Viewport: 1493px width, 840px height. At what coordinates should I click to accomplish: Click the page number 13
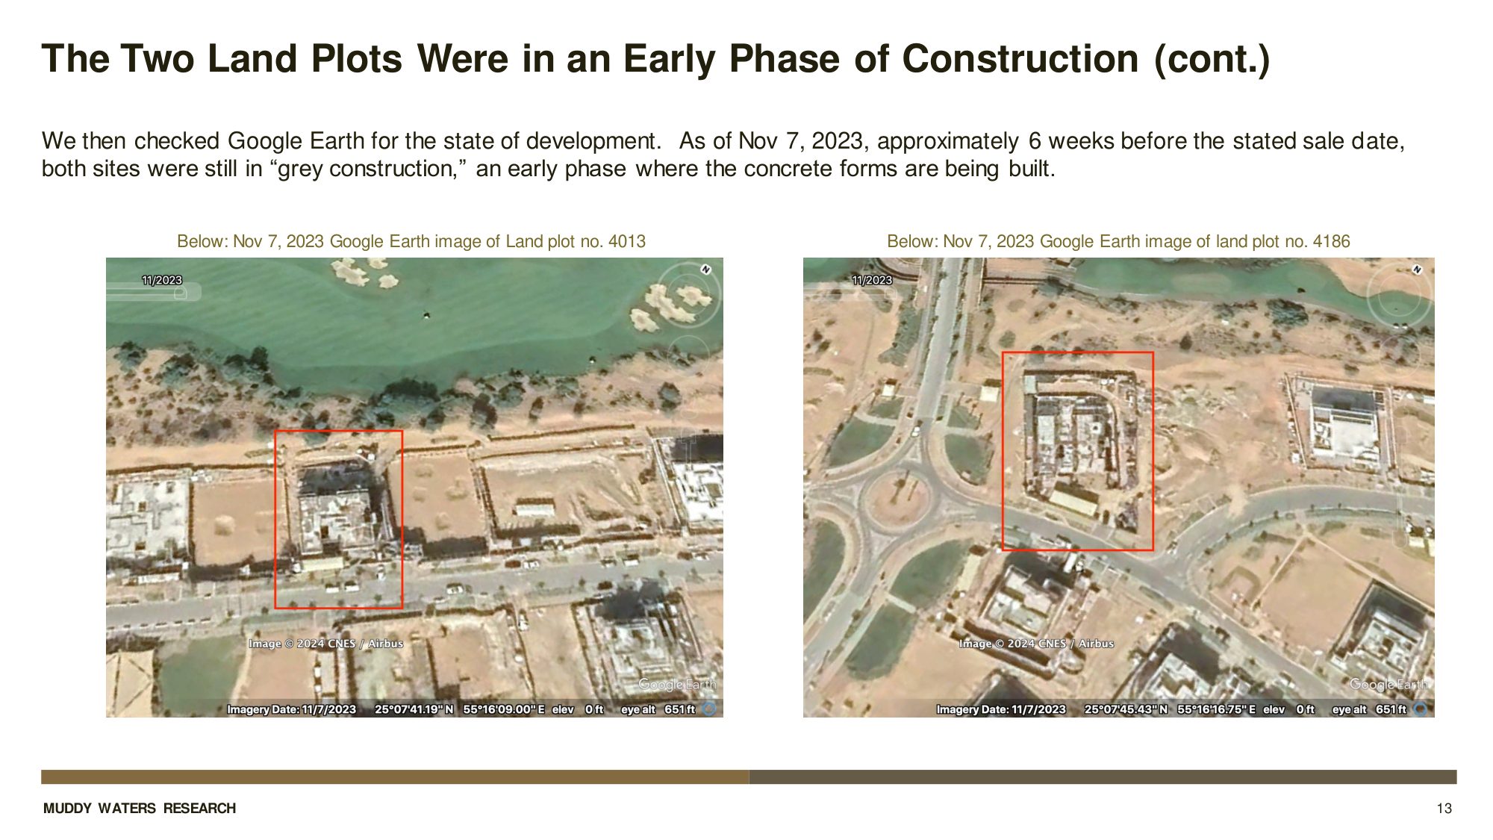tap(1444, 808)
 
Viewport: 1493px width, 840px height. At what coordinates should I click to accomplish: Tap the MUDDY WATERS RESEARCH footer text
tap(140, 808)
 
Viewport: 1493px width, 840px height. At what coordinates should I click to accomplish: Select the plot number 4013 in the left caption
tap(627, 241)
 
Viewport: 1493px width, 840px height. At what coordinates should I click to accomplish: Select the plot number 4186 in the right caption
tap(1331, 241)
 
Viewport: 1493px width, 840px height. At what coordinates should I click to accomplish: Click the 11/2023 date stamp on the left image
tap(162, 280)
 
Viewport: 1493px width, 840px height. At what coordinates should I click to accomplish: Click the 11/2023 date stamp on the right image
tap(872, 280)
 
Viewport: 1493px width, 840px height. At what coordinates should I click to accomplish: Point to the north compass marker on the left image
tap(705, 270)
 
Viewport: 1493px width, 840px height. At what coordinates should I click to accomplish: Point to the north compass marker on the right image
tap(1416, 270)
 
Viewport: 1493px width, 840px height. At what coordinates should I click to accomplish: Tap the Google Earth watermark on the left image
tap(677, 684)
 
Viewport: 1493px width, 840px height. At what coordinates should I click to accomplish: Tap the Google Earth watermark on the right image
tap(1388, 684)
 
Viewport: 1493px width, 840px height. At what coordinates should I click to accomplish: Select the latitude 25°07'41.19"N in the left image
tap(414, 709)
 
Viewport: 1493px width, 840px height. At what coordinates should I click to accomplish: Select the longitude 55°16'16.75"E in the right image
tap(1216, 709)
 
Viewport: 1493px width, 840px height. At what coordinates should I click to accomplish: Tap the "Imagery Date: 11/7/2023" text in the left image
tap(291, 709)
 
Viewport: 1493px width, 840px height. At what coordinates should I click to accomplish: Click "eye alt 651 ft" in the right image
tap(1369, 709)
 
